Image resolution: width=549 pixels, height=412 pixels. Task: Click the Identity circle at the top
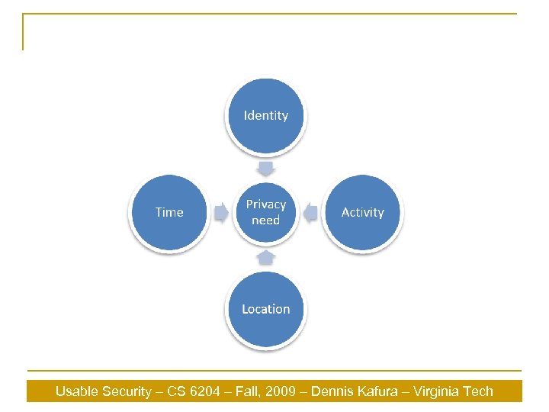(x=266, y=116)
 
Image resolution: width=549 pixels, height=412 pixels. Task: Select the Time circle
(x=169, y=212)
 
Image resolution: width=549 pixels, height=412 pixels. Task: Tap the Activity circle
(x=362, y=212)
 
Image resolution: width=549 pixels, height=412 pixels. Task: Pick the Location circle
(x=266, y=309)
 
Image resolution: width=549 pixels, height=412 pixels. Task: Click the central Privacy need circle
(x=266, y=212)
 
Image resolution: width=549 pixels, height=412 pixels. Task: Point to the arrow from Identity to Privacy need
(x=266, y=167)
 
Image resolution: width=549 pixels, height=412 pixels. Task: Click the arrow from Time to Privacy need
(x=220, y=213)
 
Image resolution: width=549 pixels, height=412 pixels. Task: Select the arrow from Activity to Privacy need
(x=310, y=213)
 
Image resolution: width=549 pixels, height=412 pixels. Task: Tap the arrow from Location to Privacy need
(x=266, y=258)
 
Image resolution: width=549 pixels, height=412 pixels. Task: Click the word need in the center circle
(x=266, y=220)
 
